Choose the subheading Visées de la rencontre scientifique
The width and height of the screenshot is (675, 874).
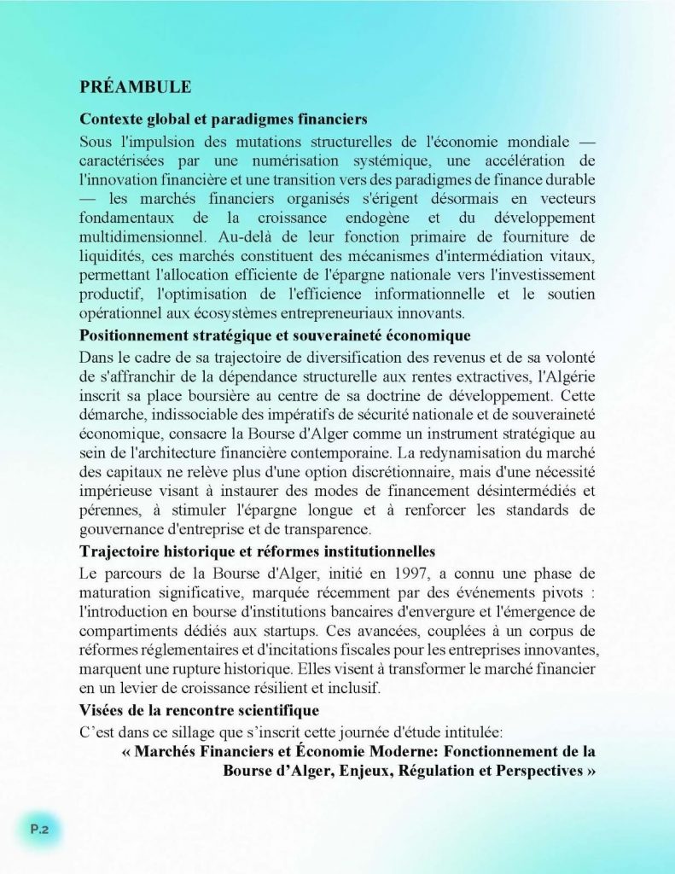tap(199, 710)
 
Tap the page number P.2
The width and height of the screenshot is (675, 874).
tap(39, 827)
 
